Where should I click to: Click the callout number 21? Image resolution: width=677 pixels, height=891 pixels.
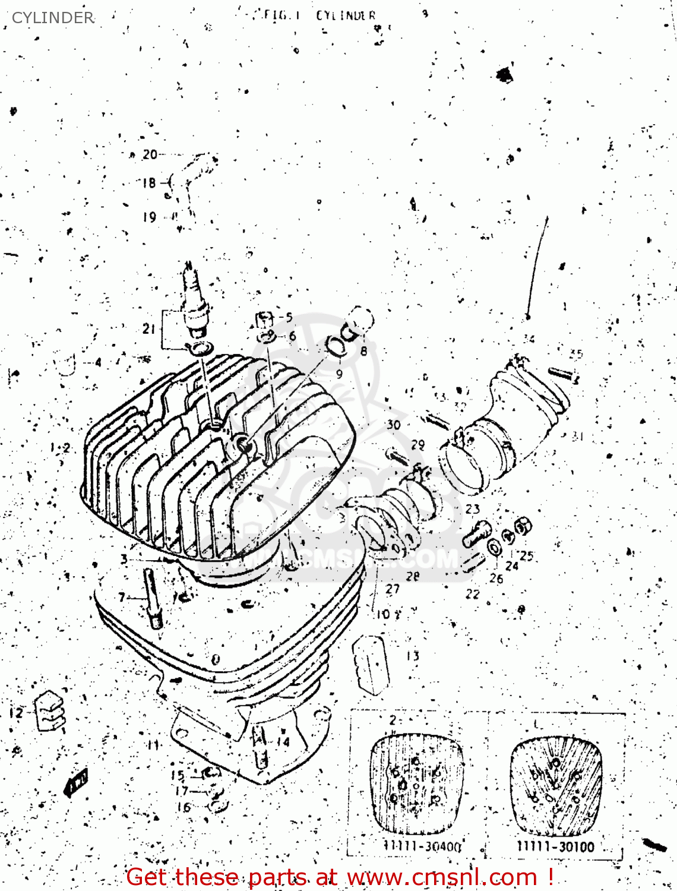click(x=149, y=328)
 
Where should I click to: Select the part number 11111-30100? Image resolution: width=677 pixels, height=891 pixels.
click(x=555, y=846)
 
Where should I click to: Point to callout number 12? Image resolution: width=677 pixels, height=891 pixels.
click(x=16, y=712)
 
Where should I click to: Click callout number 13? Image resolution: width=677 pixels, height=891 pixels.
click(x=413, y=656)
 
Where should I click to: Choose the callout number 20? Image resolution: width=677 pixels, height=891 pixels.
click(x=150, y=154)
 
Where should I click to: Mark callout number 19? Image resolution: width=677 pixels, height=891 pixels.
click(x=149, y=217)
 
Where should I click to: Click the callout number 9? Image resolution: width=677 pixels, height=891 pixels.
click(x=339, y=374)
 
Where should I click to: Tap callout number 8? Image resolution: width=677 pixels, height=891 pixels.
click(x=363, y=351)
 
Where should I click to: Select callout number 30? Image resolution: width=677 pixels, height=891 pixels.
click(x=394, y=425)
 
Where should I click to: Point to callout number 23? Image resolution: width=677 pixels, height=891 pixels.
click(x=473, y=509)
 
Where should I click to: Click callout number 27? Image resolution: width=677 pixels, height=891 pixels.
click(x=393, y=589)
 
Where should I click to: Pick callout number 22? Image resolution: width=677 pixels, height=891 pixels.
click(x=473, y=593)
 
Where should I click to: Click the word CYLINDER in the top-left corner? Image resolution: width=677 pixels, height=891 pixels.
click(x=53, y=18)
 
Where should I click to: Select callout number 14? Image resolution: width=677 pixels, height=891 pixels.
click(x=283, y=741)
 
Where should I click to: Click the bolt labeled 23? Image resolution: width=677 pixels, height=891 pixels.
click(x=477, y=533)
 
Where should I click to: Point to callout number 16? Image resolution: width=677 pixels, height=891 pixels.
click(x=184, y=807)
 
